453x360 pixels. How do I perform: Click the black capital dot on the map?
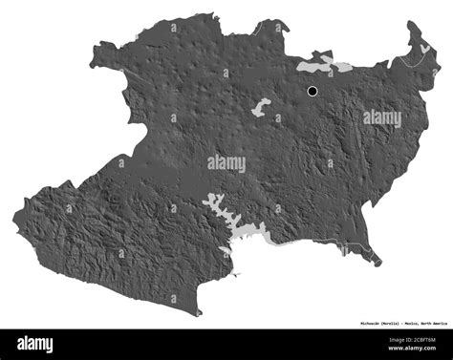coord(313,92)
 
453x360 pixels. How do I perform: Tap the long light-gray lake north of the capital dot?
coord(323,66)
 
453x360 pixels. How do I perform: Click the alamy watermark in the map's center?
coord(226,163)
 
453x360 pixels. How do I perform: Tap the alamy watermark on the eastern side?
coord(382,118)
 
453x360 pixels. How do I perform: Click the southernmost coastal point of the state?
coord(198,313)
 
